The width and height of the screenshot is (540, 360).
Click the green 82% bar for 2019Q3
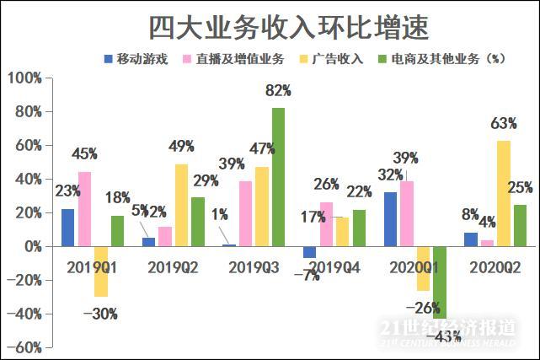coord(278,177)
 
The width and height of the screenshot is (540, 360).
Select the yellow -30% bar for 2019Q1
coord(101,271)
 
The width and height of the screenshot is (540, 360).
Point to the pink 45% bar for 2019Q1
coord(84,209)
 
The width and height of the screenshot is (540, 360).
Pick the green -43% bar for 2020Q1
coord(439,282)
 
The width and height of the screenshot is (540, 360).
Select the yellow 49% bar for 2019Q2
coord(181,205)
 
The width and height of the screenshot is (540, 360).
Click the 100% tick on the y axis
coord(24,78)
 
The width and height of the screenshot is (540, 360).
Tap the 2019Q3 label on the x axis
coord(254,267)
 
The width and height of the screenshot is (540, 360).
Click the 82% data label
coord(277,90)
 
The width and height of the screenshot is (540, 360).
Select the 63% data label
coord(503,124)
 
